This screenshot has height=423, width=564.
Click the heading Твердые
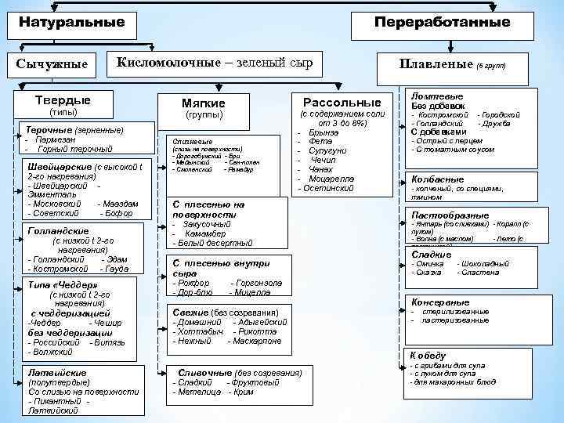63,100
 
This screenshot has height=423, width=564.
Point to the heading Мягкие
203,103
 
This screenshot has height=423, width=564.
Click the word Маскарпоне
258,341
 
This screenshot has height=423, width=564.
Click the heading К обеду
428,355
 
